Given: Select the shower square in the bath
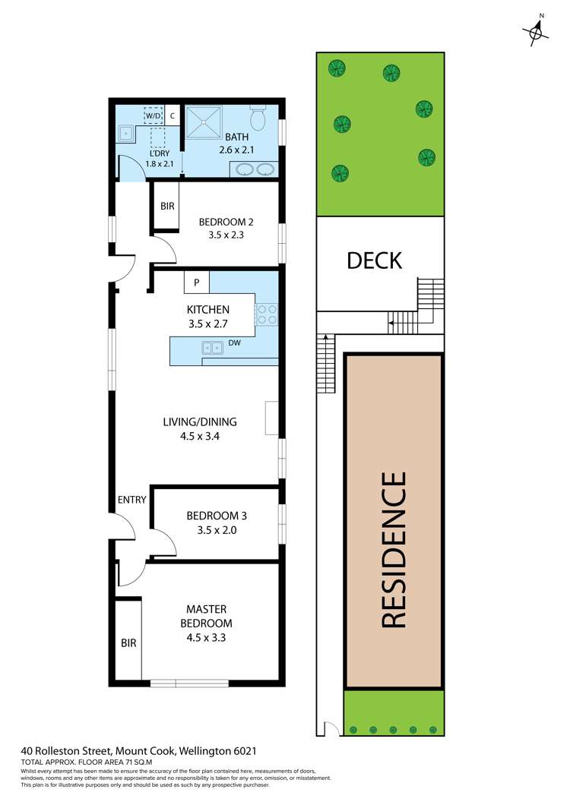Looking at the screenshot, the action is (204, 123).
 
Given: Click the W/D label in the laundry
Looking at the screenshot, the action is (154, 116).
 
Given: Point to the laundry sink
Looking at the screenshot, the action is (125, 134).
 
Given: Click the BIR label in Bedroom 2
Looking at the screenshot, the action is (167, 206).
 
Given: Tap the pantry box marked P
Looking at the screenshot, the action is (197, 283).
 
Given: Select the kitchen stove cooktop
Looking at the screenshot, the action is (266, 314).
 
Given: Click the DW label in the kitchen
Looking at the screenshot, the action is (234, 343).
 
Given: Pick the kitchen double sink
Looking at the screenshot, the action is (212, 348).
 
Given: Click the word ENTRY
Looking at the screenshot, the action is (132, 500).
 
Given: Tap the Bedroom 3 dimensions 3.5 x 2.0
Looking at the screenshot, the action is (217, 530).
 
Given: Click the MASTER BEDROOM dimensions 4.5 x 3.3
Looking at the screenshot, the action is (207, 638).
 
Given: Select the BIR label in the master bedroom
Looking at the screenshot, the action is (128, 642).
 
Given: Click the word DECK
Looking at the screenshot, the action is (374, 260).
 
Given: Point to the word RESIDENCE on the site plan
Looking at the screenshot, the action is (394, 550).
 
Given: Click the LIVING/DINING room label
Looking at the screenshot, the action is (200, 422).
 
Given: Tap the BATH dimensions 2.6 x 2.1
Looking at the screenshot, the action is (236, 150).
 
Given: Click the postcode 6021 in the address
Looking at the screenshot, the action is (245, 751).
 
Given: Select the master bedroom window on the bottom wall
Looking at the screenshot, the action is (189, 683).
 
